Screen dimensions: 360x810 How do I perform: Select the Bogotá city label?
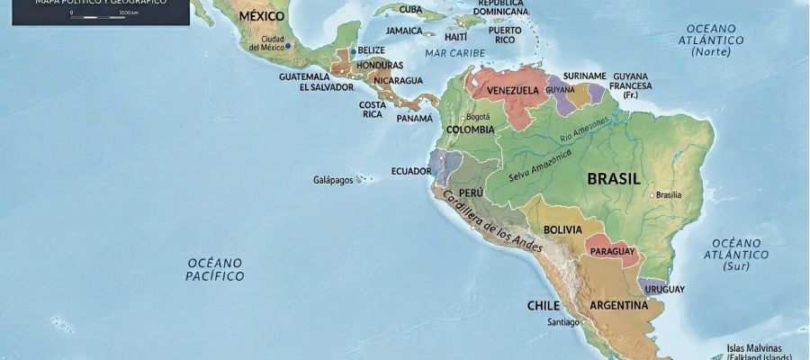tap(478, 117)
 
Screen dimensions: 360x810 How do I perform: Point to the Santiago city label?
tap(563, 322)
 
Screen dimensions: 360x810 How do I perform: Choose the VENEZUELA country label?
tap(512, 91)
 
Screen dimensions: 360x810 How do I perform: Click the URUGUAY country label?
tap(664, 289)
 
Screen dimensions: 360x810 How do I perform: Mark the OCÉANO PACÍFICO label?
tap(215, 269)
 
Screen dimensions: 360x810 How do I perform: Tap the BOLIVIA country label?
tap(563, 229)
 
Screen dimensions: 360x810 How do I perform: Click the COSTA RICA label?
tap(373, 109)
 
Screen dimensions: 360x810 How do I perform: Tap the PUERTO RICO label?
tap(506, 34)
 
